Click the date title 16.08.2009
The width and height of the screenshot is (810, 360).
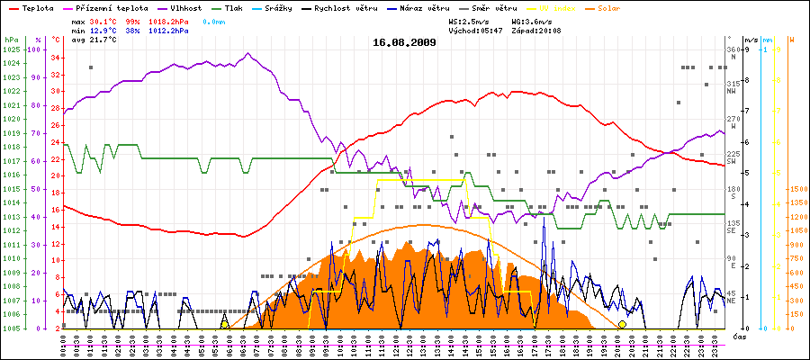coord(405,42)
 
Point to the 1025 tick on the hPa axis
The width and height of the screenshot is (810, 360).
coord(12,49)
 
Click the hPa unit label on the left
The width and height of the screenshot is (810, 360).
coord(11,40)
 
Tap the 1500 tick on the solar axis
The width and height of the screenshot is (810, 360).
coord(796,189)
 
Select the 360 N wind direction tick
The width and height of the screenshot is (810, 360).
coord(732,52)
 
